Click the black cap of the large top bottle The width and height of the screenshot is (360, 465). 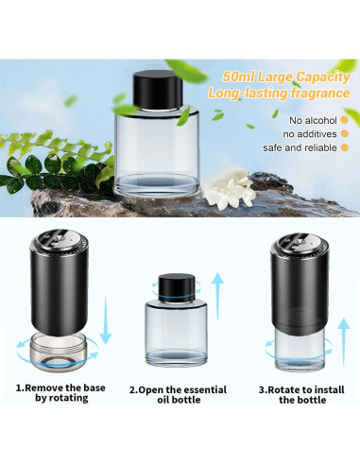coord(158,90)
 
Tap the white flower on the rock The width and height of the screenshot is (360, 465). coord(230,190)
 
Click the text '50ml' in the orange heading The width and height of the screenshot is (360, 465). coord(238,77)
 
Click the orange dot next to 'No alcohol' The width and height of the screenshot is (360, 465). coord(345,120)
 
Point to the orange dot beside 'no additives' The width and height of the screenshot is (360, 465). coord(345,133)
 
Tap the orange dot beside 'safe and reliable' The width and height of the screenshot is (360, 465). coord(345,147)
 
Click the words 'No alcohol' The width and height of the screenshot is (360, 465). coord(313,120)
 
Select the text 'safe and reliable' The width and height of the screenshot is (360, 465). coord(300,147)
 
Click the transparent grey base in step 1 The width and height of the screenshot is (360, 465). coord(57,352)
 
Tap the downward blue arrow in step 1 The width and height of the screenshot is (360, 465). coord(106,320)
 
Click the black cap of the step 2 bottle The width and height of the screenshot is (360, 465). coord(177,288)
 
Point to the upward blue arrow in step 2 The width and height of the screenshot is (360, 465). coord(217,296)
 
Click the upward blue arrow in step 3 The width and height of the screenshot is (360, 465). coord(344,342)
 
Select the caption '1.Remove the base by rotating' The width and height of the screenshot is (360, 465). coord(60,393)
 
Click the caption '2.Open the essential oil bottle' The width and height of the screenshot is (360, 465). coord(178,395)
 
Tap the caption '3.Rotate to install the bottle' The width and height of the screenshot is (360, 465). coord(301,395)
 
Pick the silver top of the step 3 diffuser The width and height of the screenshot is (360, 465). coord(300,243)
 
